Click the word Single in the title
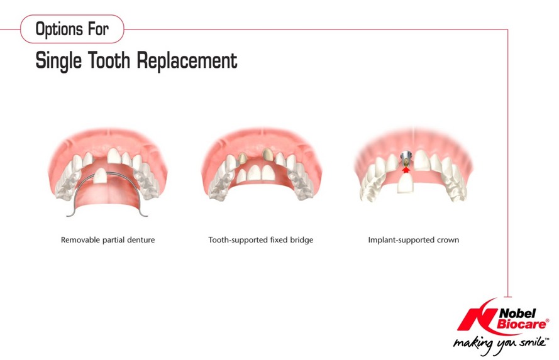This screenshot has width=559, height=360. pos(58,60)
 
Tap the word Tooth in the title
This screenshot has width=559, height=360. pos(109,60)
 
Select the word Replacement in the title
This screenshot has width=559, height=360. pos(187,60)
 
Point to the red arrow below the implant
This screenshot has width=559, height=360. pos(406,170)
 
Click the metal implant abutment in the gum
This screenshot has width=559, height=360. pos(406,159)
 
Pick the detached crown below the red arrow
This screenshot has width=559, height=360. pos(405,183)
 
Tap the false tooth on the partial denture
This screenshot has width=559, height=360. pos(101,176)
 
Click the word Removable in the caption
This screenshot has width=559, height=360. pos(80,240)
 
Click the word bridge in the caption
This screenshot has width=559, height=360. pos(301,240)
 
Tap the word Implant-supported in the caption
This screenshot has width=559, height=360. pos(401,240)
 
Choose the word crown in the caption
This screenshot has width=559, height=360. pos(448,241)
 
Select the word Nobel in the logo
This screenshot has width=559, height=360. pos(517,313)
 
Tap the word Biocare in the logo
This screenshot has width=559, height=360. pos(521,324)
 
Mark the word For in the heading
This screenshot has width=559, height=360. pos(98,29)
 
